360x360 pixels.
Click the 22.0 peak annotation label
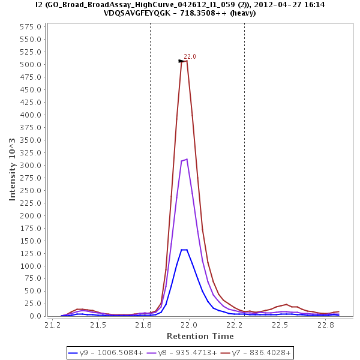(190, 56)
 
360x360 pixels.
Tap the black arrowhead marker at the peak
(181, 61)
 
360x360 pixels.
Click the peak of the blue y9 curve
(184, 250)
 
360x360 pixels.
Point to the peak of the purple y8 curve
(187, 159)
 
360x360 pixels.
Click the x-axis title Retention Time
(200, 335)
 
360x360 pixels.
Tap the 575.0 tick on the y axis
(31, 28)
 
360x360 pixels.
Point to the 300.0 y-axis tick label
(31, 166)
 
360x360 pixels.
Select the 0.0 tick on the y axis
(35, 316)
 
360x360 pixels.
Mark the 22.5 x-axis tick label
(280, 325)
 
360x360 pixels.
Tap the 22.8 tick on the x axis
(326, 325)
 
